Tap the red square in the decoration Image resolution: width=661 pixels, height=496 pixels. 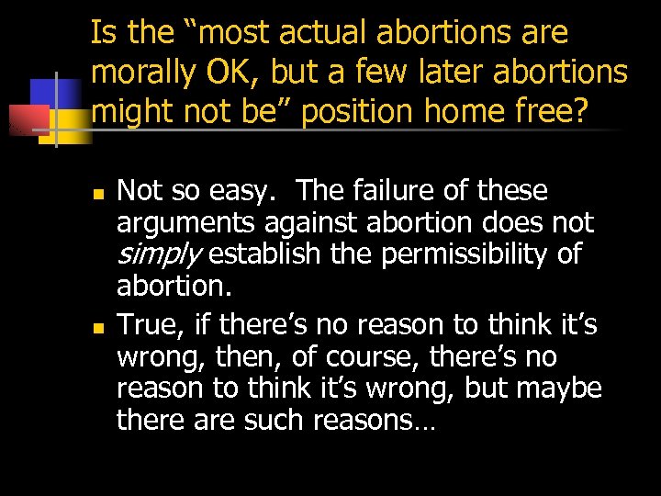(25, 119)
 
